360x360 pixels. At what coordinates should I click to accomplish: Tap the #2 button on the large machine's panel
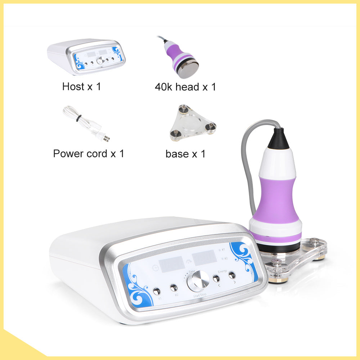coord(174,288)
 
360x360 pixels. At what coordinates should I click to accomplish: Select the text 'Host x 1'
coord(81,86)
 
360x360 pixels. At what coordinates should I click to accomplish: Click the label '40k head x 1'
coord(185,87)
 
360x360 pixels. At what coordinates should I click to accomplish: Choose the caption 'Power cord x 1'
coord(89,154)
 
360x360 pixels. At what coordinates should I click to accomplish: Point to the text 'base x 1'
coord(185,154)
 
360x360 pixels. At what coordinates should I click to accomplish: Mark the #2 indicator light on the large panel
coord(219,258)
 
